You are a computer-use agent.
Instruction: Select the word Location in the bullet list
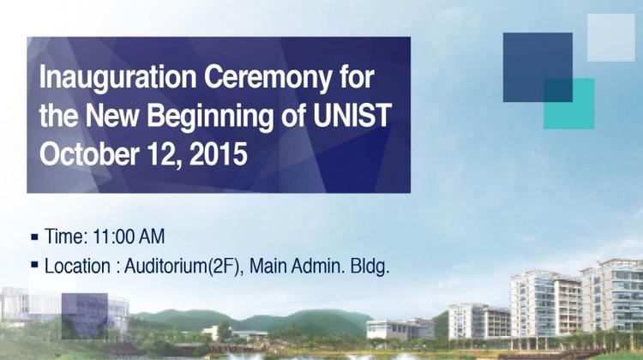77,266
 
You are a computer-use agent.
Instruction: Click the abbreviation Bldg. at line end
369,266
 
